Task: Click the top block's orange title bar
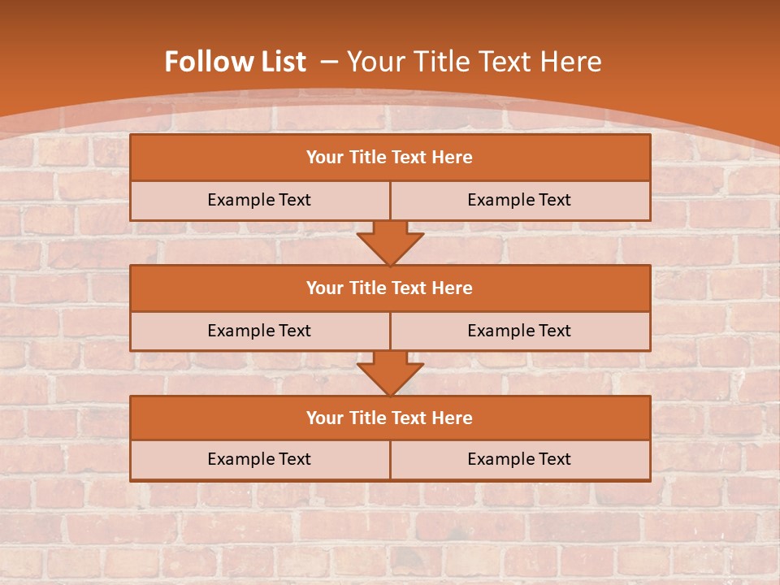[390, 158]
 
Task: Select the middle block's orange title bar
[390, 288]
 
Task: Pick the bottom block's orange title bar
[390, 418]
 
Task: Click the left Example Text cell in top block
[259, 201]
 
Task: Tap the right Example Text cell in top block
[519, 201]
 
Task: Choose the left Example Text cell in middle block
[259, 331]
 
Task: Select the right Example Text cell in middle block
[519, 331]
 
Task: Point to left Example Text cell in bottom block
[259, 460]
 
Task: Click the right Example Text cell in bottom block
[519, 460]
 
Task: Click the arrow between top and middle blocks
[390, 243]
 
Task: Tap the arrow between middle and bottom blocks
[390, 373]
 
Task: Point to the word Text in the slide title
[504, 62]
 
